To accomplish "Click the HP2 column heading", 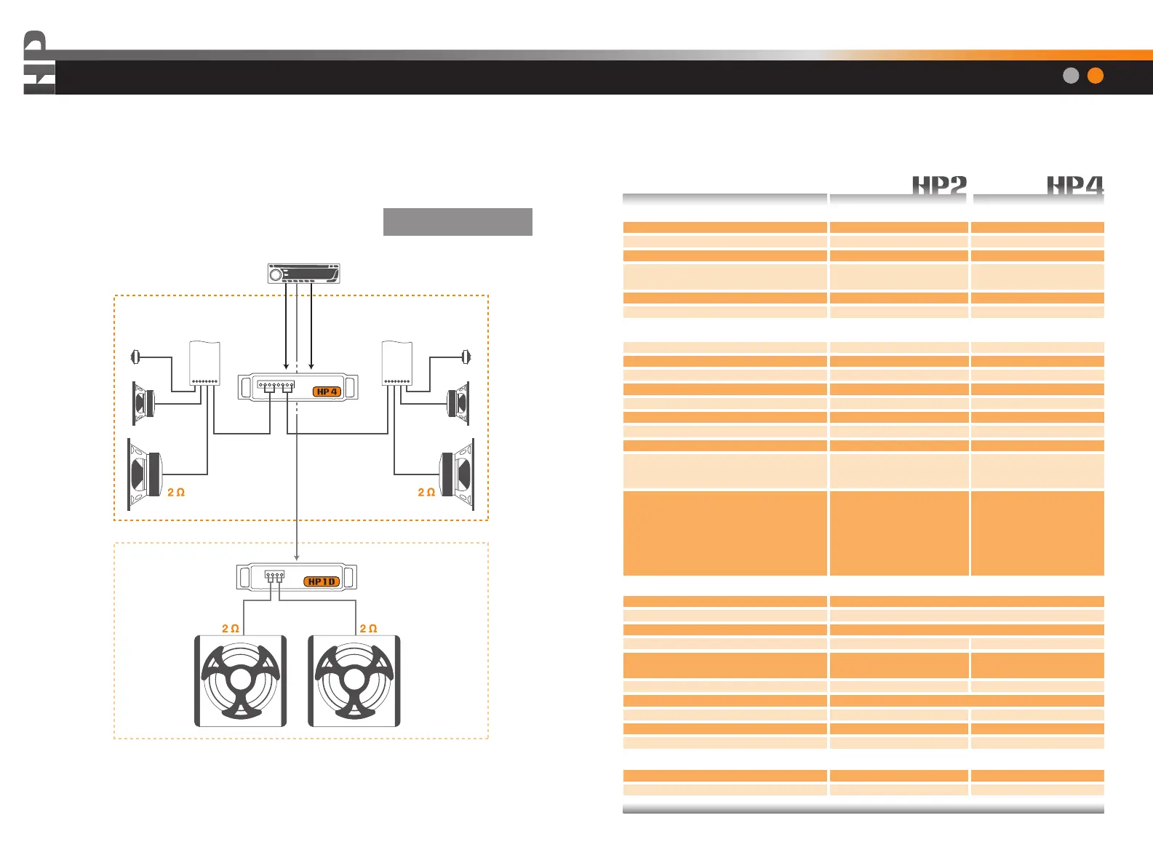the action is (939, 186).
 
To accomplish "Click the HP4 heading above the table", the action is (1074, 186).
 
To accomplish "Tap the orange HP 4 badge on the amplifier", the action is (327, 392).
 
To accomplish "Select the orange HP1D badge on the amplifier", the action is (322, 581).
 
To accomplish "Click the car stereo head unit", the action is (304, 274).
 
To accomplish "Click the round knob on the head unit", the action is (276, 274).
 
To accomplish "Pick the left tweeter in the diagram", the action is (135, 357).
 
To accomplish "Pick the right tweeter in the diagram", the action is (466, 357).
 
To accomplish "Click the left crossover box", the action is (204, 362).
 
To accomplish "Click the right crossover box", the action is (397, 362).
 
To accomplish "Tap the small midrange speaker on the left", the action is (143, 402).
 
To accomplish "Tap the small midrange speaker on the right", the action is (458, 402).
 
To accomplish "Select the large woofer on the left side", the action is (145, 474).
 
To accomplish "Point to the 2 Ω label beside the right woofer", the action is (426, 493).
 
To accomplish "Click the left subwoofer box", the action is (241, 681).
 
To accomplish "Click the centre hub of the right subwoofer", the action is (354, 680).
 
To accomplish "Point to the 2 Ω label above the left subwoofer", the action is (231, 629).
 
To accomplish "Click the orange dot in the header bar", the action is (1095, 76).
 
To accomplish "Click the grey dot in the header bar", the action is (1071, 76).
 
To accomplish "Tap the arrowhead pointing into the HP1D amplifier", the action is (297, 557).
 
